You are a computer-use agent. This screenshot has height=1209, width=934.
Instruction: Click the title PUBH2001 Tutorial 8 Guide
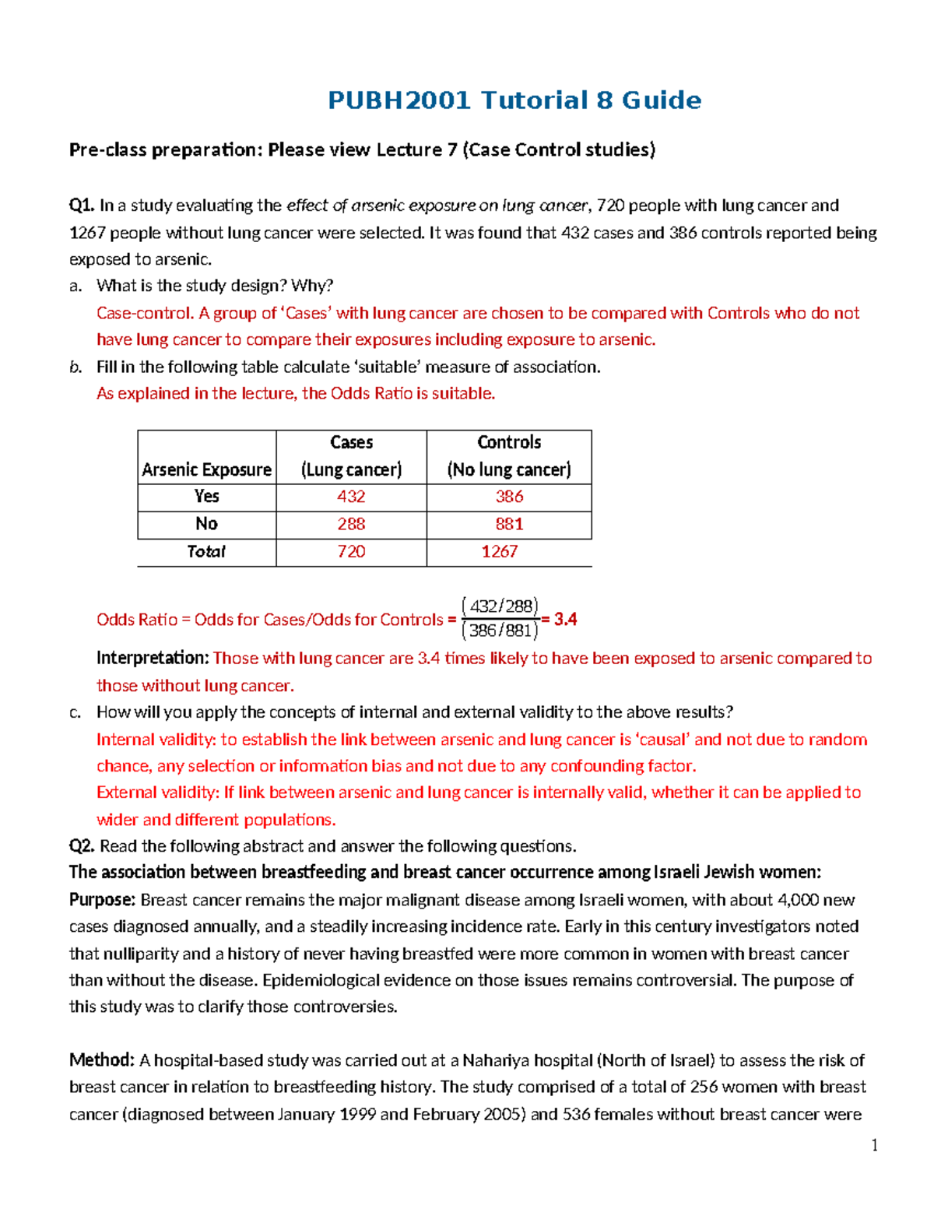514,100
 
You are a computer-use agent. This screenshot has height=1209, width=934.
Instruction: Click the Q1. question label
82,206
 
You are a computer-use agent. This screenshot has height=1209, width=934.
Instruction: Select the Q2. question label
82,846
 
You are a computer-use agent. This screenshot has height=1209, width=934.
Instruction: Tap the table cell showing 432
351,497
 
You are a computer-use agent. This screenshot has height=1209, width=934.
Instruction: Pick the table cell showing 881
509,524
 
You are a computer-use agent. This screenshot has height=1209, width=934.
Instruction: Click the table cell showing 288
351,524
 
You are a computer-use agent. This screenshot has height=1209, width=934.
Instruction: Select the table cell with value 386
509,497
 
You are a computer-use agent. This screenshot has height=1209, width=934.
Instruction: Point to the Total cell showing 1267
499,551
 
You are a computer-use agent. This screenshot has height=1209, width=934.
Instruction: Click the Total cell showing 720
351,551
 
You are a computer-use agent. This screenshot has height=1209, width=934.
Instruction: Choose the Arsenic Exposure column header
206,469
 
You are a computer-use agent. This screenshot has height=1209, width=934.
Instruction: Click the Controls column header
509,442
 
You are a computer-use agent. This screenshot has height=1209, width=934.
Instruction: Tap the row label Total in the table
206,551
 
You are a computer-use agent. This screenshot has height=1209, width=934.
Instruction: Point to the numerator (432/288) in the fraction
500,606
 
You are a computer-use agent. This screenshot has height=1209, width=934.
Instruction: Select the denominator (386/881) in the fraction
500,631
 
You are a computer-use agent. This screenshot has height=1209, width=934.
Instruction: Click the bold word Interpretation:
153,658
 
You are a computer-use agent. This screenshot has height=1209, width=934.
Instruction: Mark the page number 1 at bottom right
875,1144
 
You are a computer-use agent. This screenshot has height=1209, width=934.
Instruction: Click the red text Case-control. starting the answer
145,313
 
